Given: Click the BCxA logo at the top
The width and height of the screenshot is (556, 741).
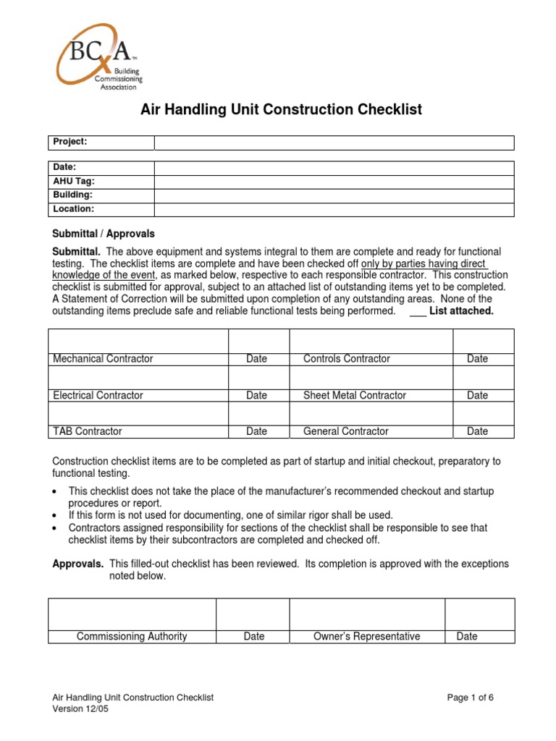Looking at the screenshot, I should [x=98, y=56].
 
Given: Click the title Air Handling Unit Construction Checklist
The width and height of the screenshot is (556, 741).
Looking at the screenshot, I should [x=279, y=110].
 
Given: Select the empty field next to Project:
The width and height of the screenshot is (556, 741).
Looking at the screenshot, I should [x=334, y=143].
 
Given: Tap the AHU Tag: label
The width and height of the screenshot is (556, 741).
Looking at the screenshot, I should [x=74, y=182].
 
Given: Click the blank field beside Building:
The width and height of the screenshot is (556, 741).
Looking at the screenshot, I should [x=334, y=195].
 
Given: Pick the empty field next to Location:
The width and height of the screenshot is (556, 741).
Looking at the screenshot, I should [x=334, y=209].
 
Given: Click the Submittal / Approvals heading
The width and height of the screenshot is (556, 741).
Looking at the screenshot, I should [x=104, y=234].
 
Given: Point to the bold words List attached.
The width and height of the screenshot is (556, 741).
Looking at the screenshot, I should [x=461, y=311].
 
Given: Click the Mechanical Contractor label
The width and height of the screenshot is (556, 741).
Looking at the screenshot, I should [x=103, y=359].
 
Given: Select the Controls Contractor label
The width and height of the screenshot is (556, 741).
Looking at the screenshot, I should [x=346, y=359].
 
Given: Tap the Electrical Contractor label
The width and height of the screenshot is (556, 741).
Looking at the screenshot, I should [x=98, y=395].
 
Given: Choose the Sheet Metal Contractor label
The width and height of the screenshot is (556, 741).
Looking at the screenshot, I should [x=354, y=395].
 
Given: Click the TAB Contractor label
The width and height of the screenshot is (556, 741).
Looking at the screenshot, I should [x=88, y=431].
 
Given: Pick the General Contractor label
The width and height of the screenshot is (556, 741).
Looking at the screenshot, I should [x=345, y=431].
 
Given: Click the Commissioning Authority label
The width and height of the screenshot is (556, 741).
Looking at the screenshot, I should [x=132, y=637].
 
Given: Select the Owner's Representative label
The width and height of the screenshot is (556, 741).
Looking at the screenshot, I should [x=366, y=637].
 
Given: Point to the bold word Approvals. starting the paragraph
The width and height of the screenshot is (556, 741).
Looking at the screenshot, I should [x=78, y=564].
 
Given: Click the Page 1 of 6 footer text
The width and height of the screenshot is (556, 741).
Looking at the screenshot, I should [x=471, y=698].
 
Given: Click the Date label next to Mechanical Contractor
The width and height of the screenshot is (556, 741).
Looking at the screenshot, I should [x=256, y=359].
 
